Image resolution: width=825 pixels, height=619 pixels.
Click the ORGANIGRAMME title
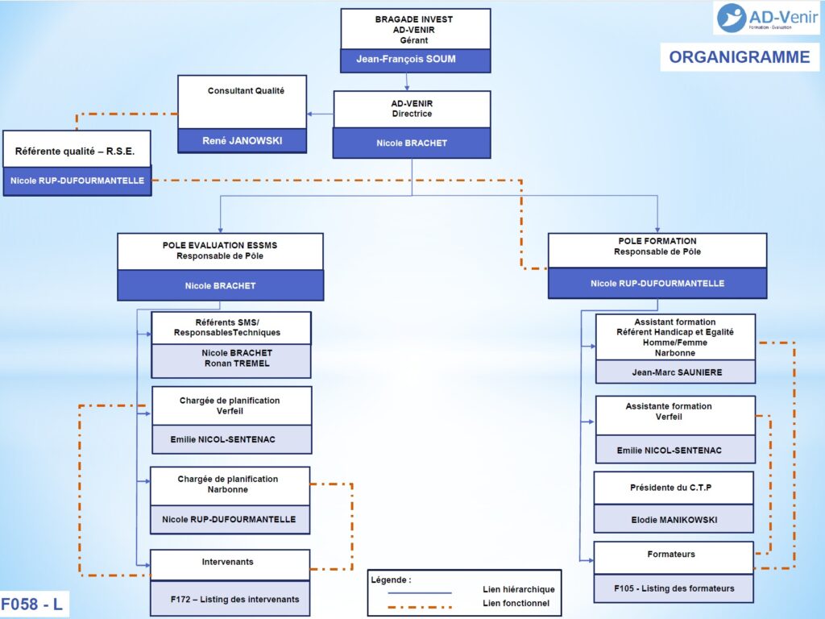(x=740, y=57)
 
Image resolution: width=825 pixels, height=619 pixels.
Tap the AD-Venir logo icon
(x=732, y=18)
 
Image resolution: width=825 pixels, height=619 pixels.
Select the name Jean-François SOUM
(x=406, y=59)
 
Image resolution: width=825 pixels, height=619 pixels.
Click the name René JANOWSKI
(x=242, y=140)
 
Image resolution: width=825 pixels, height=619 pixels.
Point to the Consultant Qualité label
(x=246, y=90)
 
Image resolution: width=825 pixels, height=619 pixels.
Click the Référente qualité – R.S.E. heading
(x=75, y=152)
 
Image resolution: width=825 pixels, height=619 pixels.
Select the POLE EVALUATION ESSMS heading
(x=219, y=245)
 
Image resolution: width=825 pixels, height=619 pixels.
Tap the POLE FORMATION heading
(x=657, y=241)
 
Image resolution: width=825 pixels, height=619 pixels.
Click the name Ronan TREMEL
(x=237, y=364)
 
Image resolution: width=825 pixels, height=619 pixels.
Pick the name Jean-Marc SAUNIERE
(x=677, y=372)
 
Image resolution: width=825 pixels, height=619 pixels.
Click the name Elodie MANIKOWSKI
(x=674, y=520)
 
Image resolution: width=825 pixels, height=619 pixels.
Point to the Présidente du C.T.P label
(x=670, y=488)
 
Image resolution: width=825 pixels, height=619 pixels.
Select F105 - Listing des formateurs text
(x=674, y=588)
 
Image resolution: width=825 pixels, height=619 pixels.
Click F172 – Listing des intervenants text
(x=234, y=599)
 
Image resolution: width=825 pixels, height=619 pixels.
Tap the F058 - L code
(x=31, y=604)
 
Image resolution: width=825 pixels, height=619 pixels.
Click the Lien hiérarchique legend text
(x=518, y=589)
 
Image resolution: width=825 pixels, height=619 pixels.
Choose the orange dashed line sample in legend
(x=419, y=607)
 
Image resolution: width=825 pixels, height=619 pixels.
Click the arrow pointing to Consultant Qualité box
(x=320, y=114)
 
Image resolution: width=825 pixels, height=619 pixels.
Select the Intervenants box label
(x=227, y=562)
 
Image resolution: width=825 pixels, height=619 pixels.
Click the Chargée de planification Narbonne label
(x=227, y=484)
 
